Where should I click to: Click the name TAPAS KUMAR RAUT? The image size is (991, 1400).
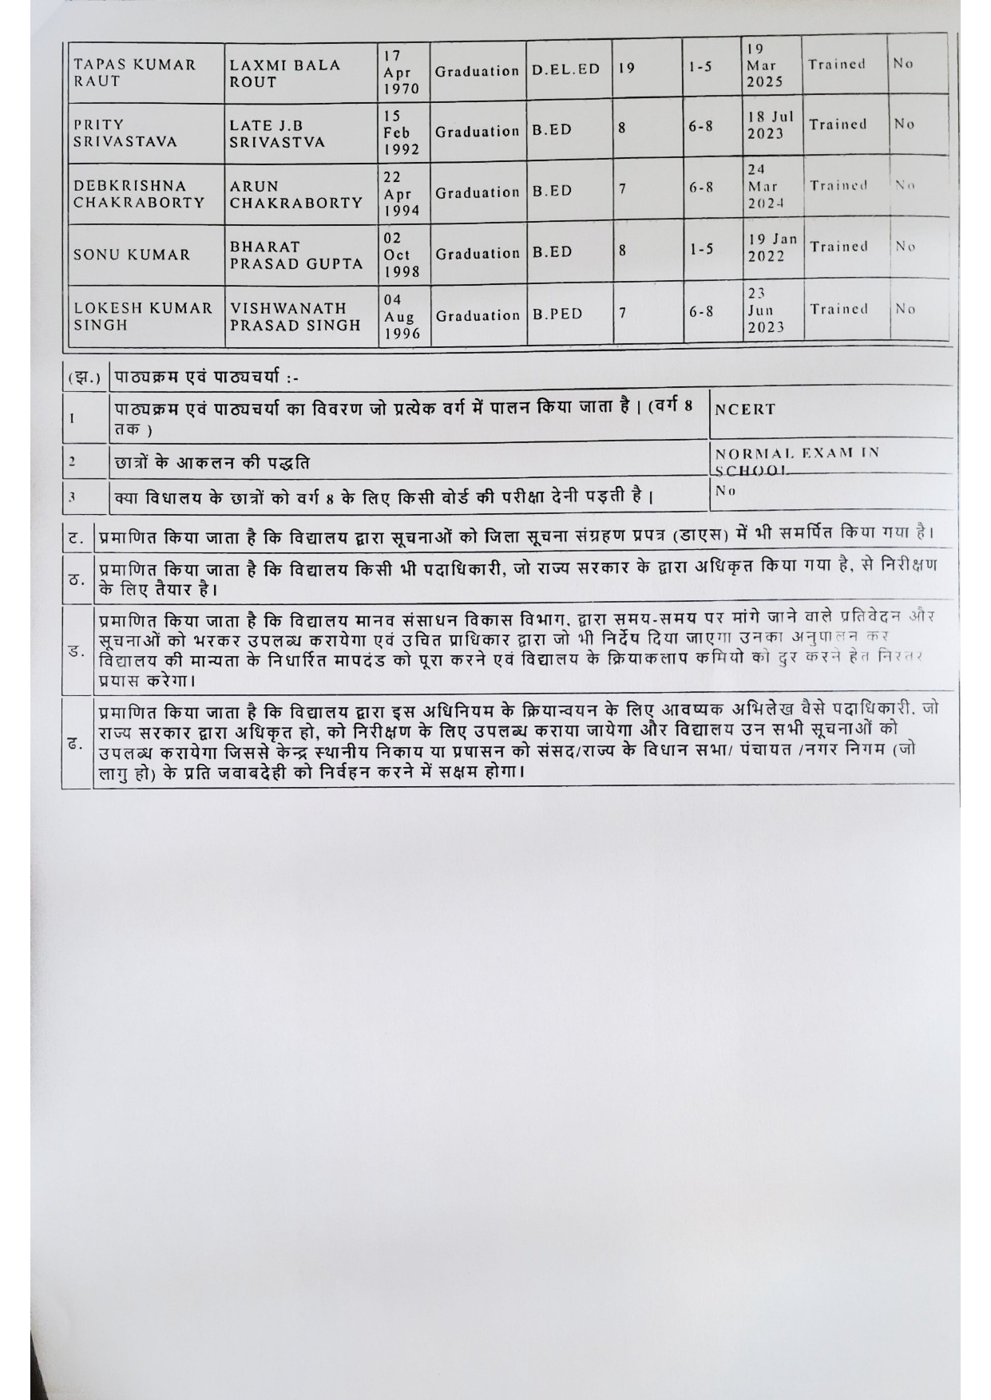(134, 73)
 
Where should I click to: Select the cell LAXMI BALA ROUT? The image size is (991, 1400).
(284, 73)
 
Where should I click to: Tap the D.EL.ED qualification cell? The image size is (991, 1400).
(565, 69)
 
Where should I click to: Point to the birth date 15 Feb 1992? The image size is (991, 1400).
(397, 132)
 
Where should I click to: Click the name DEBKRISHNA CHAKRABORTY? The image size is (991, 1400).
(139, 195)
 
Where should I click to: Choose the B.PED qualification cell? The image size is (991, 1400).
(557, 314)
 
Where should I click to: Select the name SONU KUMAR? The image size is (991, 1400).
(132, 255)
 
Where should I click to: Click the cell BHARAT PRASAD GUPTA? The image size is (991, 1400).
(295, 255)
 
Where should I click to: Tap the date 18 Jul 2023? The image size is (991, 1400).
(771, 125)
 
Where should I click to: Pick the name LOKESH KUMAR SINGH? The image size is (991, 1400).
(143, 317)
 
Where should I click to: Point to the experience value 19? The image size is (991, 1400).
(627, 69)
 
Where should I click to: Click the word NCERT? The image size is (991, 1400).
(744, 409)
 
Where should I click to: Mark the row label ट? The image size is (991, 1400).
(77, 539)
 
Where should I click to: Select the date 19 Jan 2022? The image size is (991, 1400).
(771, 247)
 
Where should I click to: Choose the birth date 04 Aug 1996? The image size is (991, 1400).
(400, 316)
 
